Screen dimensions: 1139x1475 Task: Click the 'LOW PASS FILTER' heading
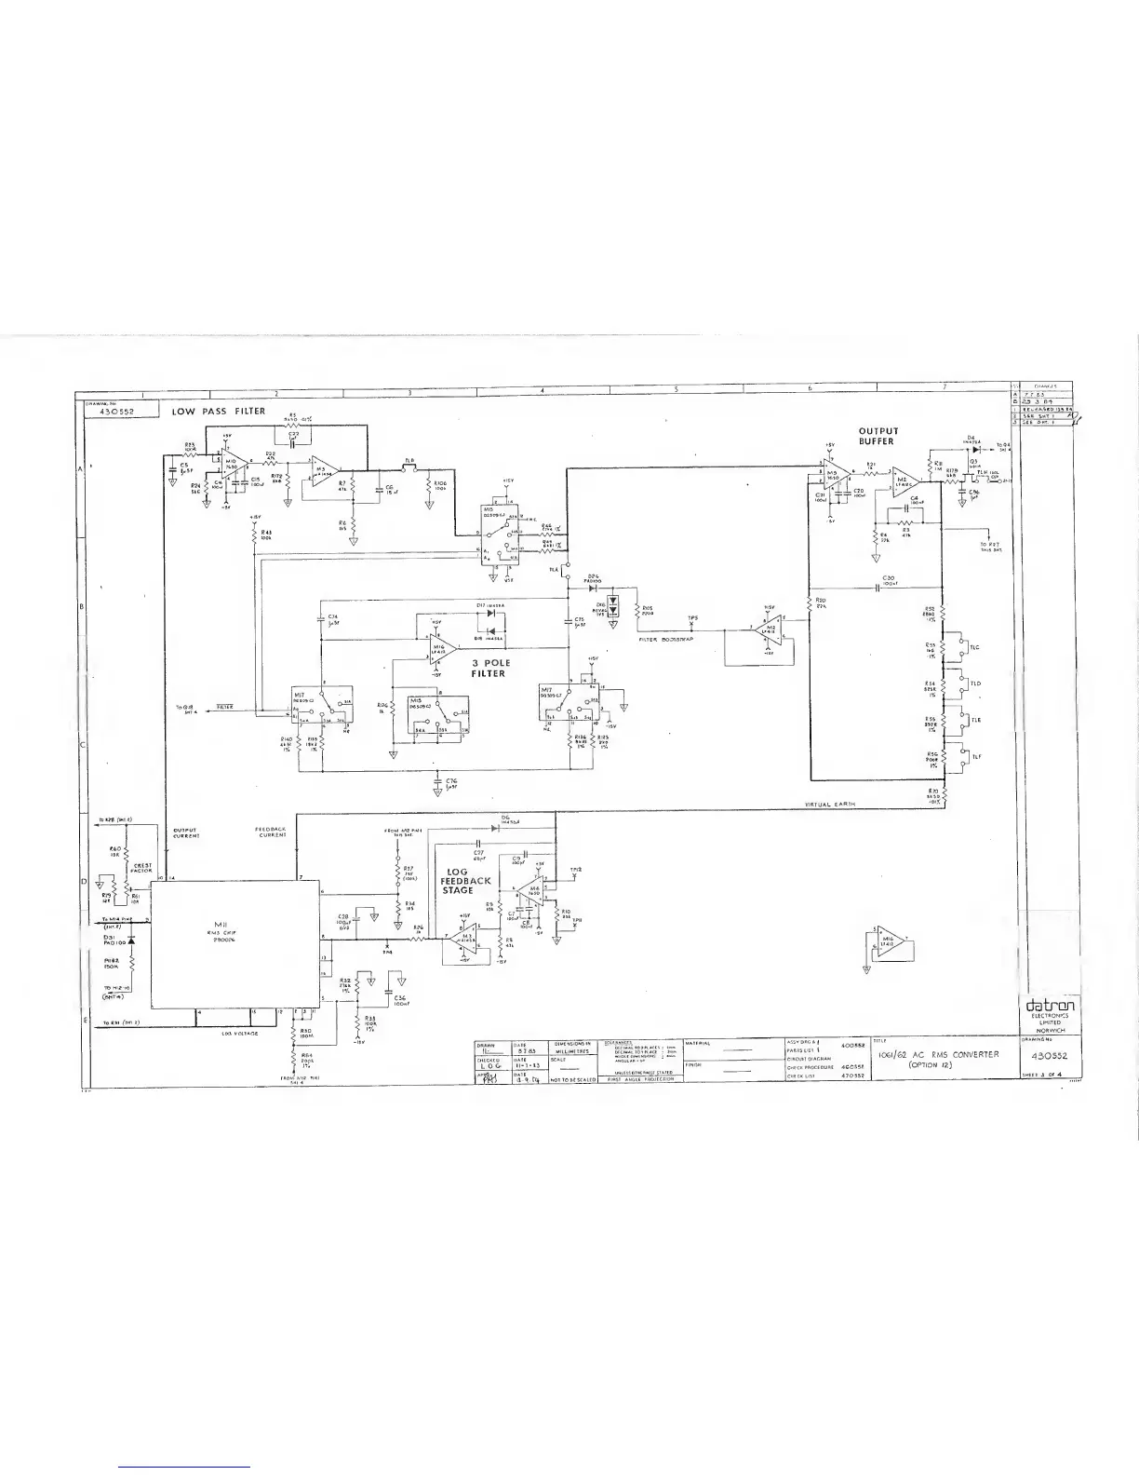219,411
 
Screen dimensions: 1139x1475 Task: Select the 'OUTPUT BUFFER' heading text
878,437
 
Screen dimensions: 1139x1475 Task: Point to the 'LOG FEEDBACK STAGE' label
464,881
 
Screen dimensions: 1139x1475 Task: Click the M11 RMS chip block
234,943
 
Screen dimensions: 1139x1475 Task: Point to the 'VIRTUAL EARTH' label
830,804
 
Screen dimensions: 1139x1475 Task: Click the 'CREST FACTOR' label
142,868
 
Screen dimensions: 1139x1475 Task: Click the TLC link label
974,647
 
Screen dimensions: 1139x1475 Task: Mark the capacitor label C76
451,780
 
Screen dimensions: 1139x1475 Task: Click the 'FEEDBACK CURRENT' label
271,832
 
